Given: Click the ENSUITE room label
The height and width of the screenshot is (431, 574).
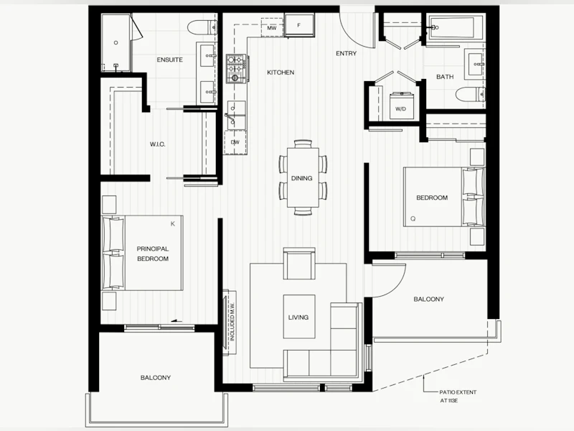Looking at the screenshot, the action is (169, 60).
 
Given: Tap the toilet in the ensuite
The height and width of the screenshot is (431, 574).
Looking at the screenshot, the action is (202, 27).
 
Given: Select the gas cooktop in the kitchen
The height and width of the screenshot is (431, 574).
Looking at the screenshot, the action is (237, 68).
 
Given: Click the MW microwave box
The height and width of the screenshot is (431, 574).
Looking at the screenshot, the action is (272, 28).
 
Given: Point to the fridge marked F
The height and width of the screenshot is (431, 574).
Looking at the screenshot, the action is (299, 25).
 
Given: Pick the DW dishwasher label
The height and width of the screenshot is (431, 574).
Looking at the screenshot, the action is (235, 142).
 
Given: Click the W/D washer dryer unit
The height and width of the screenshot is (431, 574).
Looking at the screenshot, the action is (400, 106).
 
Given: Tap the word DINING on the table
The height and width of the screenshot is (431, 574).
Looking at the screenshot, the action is (301, 178).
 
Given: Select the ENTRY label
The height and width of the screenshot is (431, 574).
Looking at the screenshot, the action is (346, 53).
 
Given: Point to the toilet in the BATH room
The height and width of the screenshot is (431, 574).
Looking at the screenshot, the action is (470, 94).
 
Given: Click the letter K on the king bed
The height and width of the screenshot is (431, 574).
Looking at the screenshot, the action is (173, 224).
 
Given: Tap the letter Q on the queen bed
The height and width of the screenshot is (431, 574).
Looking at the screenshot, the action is (413, 219).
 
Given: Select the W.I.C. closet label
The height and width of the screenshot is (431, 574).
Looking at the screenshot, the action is (157, 144).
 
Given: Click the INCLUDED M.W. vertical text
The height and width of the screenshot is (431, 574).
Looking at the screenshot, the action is (232, 323).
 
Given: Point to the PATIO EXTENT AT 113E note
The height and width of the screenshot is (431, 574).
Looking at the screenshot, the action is (458, 397).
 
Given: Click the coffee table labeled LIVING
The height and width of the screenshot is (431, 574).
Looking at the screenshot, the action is (299, 317).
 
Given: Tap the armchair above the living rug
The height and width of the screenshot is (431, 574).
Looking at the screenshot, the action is (299, 264).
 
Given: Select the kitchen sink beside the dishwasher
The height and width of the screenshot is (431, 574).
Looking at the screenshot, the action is (235, 115).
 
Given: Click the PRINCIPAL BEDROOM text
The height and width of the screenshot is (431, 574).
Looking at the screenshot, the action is (153, 254).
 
